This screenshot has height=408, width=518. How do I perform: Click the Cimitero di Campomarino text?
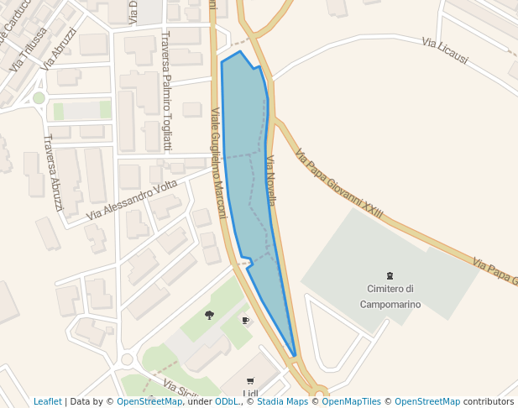(390, 296)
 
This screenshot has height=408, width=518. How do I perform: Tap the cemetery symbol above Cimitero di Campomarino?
(390, 275)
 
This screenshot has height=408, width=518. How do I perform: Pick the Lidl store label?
(250, 394)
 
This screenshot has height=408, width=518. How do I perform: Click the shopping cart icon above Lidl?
(250, 380)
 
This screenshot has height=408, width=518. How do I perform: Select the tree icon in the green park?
(209, 315)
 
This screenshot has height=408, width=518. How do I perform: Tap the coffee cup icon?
(245, 320)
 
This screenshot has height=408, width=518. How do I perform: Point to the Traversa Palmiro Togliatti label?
(166, 91)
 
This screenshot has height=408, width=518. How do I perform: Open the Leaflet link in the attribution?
(47, 402)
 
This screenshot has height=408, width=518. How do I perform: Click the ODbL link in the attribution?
(228, 402)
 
